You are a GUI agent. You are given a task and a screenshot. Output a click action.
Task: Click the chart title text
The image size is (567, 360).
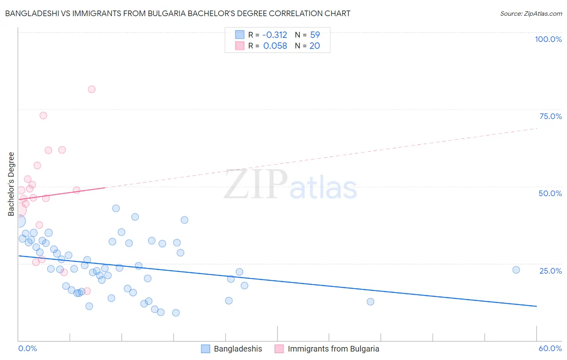coord(177,13)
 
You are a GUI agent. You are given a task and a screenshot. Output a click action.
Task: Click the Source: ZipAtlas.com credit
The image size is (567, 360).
coord(531,13)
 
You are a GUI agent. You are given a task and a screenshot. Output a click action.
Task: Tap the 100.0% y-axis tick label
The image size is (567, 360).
coord(548,39)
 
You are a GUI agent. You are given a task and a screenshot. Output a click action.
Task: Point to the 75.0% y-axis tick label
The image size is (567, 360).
coord(550,116)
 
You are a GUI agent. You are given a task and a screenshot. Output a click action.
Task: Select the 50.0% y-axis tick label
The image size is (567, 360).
coord(550,193)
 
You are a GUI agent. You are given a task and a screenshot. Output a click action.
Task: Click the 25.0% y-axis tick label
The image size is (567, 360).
coord(550,271)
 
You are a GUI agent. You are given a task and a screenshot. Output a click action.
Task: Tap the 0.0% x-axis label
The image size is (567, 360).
coord(28,348)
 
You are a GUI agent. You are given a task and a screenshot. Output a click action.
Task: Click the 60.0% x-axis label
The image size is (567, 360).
coord(550,348)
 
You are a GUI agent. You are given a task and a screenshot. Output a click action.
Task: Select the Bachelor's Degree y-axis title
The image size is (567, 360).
coord(11,184)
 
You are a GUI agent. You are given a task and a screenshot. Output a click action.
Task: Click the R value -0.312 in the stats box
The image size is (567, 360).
coord(275,35)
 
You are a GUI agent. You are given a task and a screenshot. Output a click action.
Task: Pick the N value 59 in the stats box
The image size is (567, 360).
coord(315,35)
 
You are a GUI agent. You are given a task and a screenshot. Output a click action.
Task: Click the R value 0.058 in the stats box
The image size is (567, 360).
coord(275,46)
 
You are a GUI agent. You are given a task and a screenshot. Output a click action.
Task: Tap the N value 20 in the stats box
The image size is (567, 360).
coord(315,46)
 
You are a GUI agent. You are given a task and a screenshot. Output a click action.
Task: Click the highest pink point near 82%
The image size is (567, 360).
coord(92,89)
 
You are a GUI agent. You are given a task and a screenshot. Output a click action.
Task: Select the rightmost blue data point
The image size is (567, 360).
coord(516,270)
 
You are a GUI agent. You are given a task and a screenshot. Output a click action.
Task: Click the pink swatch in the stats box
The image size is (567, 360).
coord(240,46)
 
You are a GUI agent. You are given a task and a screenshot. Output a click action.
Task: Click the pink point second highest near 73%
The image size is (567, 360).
coord(43,115)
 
